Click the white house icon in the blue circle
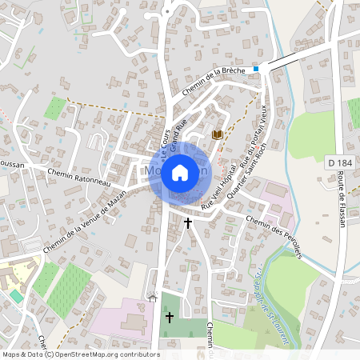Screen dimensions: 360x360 [x=180, y=172]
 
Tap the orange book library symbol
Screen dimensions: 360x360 [x=216, y=134]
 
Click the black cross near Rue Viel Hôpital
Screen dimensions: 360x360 [x=189, y=222]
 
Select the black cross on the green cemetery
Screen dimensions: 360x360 [x=169, y=318]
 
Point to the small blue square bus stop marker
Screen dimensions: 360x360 [x=256, y=70]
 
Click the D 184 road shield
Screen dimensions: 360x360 [x=339, y=163]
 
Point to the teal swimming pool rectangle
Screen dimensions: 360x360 [x=16, y=296]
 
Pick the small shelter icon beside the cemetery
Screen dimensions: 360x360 [x=153, y=298]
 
